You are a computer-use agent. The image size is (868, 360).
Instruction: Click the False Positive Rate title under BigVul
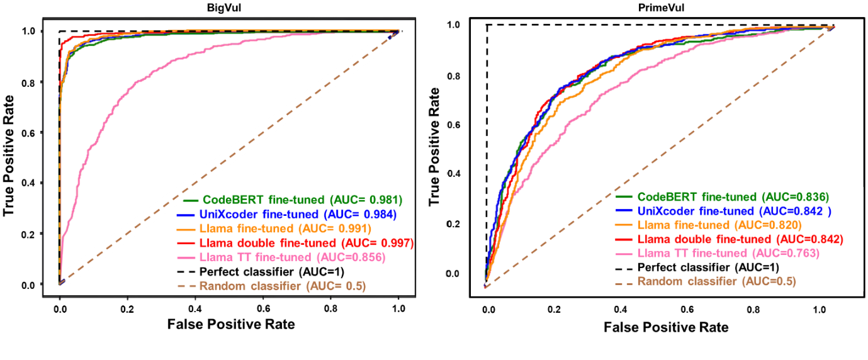[231, 325]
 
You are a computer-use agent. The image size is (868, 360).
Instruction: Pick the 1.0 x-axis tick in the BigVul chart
[397, 309]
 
